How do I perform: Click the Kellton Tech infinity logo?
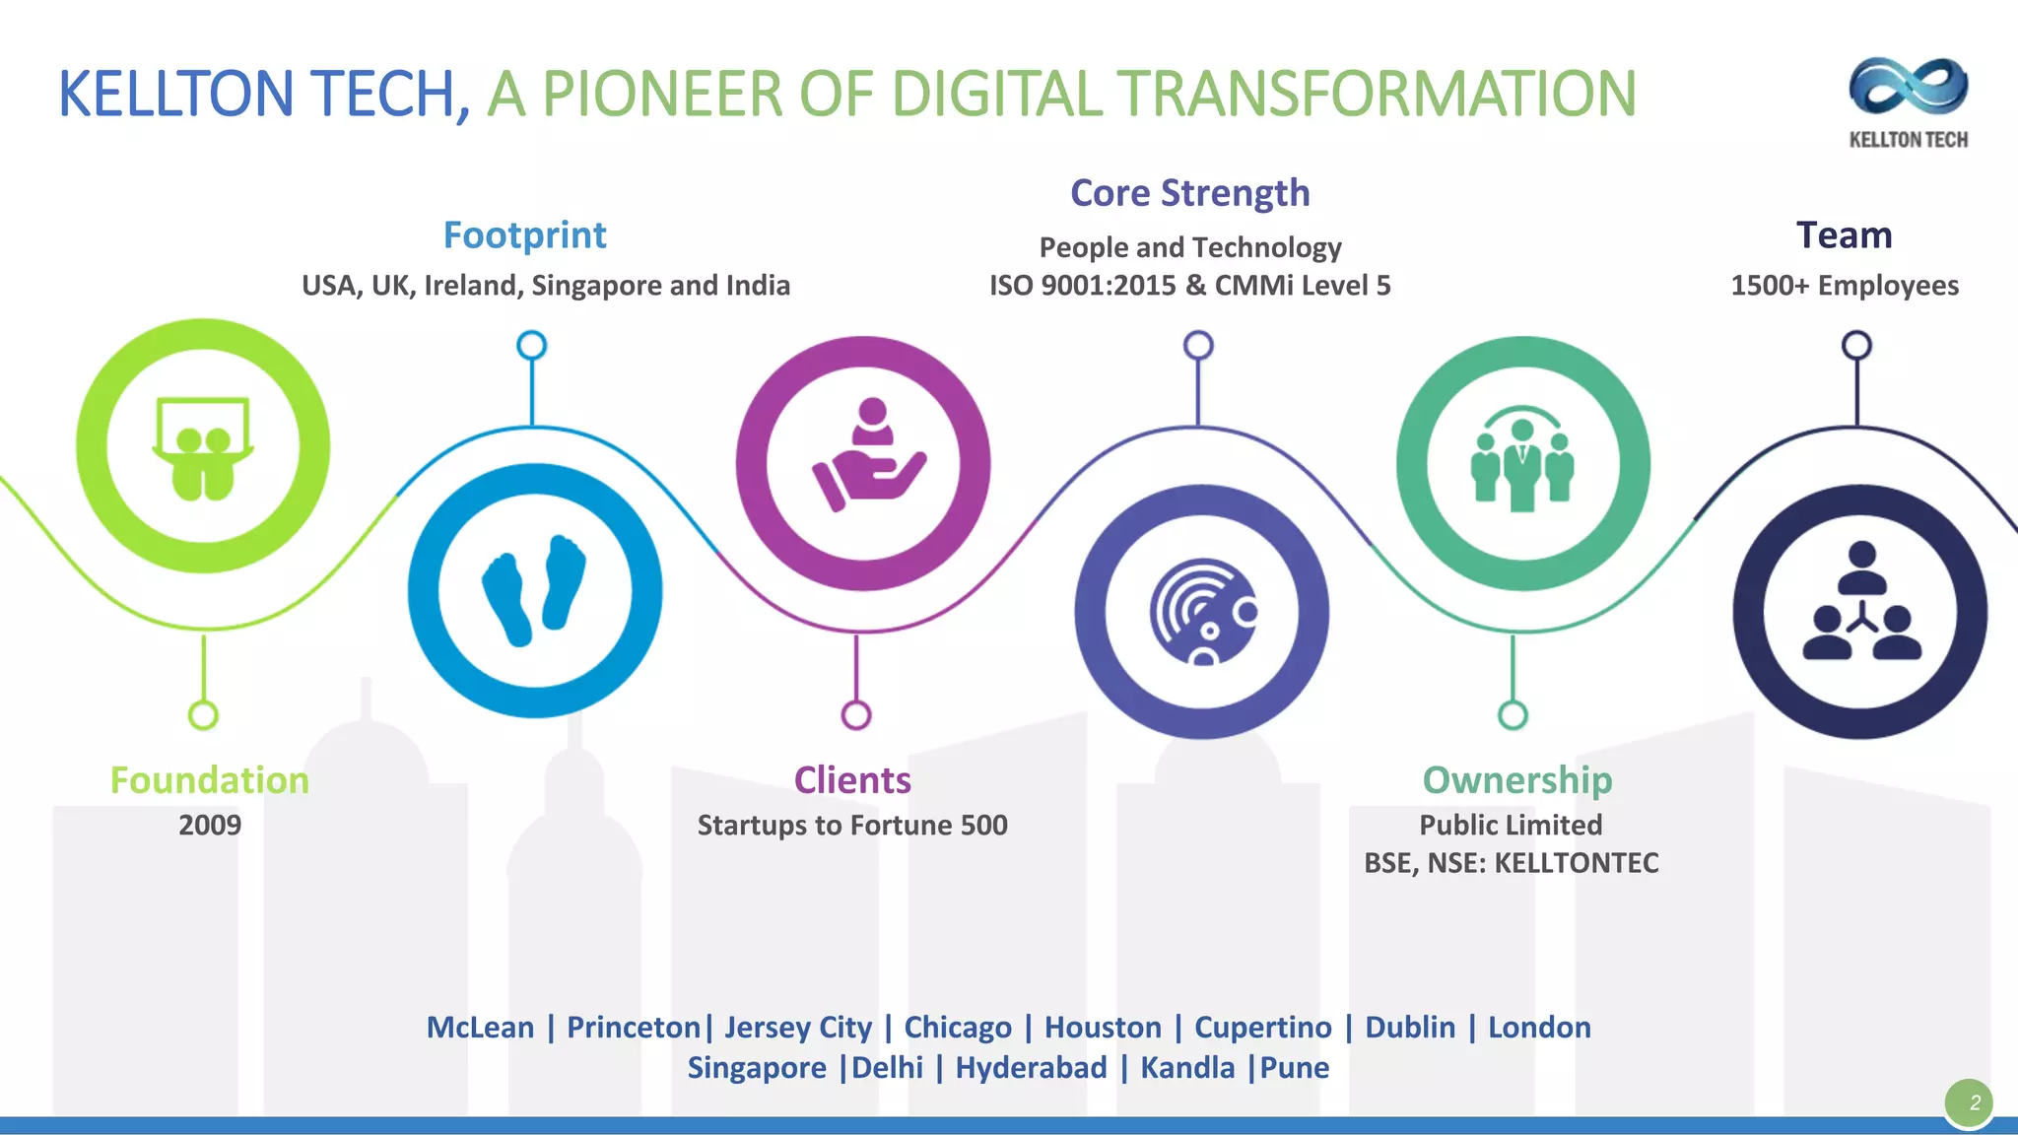click(1908, 87)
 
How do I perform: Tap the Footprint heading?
click(524, 235)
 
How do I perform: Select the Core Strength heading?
click(1189, 193)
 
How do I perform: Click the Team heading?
click(1844, 235)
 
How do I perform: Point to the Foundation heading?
click(209, 780)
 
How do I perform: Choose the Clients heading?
click(852, 780)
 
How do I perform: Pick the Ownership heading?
click(1516, 780)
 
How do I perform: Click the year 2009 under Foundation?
click(209, 825)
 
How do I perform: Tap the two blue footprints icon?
click(534, 590)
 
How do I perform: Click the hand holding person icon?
click(868, 456)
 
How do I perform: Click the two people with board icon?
click(203, 448)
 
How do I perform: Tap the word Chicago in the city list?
click(957, 1028)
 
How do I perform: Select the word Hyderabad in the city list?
click(1031, 1068)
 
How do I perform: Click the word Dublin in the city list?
click(1409, 1028)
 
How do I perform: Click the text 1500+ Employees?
click(1844, 286)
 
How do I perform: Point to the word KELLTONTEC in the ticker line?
click(1576, 863)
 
